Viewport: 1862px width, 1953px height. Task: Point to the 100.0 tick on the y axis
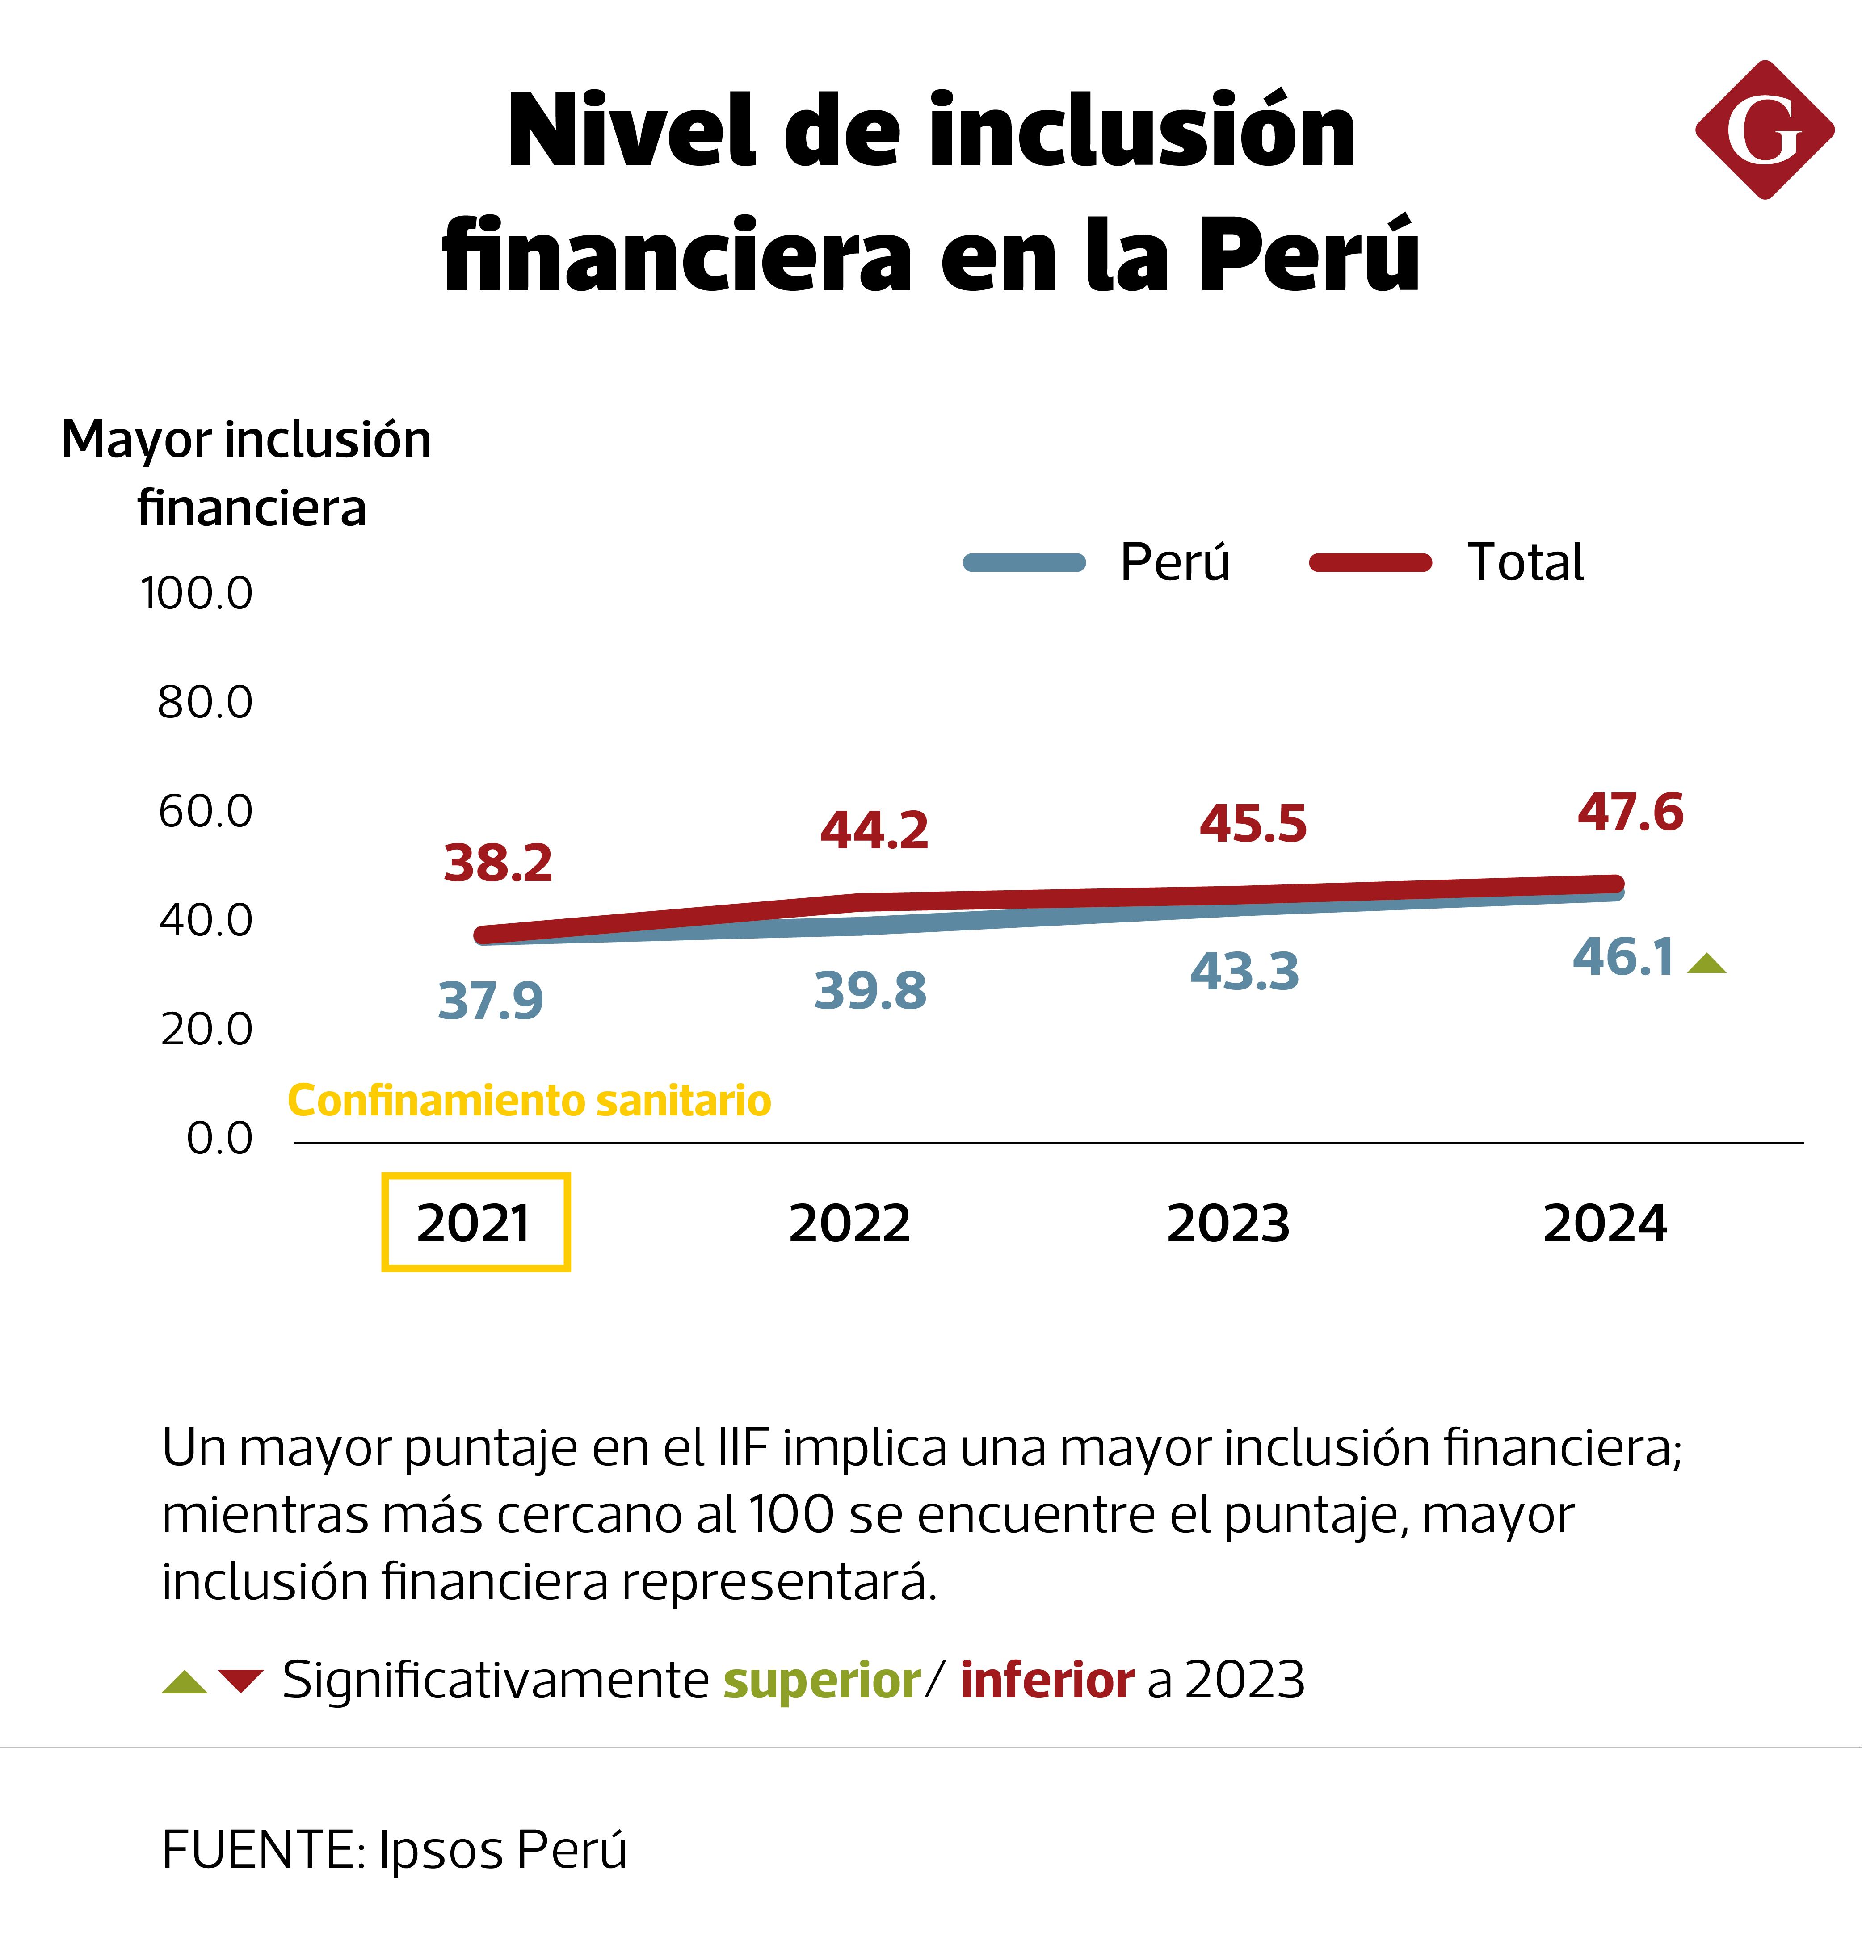pyautogui.click(x=197, y=593)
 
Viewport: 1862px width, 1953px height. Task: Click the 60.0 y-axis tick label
pyautogui.click(x=206, y=812)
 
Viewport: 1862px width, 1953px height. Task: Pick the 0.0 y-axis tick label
pyautogui.click(x=219, y=1138)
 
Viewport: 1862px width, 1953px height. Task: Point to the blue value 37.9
pyautogui.click(x=490, y=1000)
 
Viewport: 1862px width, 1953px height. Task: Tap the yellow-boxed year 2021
pyautogui.click(x=475, y=1223)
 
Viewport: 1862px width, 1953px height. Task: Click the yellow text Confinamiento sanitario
pyautogui.click(x=529, y=1101)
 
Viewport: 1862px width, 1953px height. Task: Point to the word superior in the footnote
pyautogui.click(x=822, y=1680)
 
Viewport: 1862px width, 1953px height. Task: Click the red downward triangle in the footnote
pyautogui.click(x=240, y=1681)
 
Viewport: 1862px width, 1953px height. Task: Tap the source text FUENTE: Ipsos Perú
pyautogui.click(x=394, y=1850)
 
